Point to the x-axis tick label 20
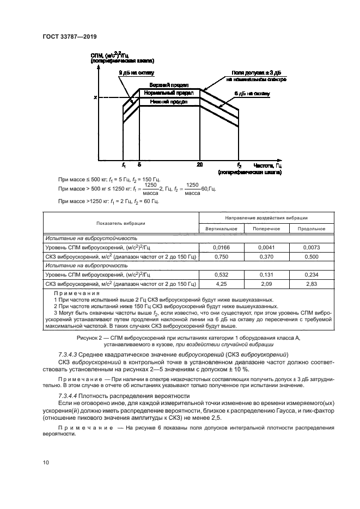[x=200, y=164]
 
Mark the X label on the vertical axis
[x=95, y=97]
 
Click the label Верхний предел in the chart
[x=169, y=85]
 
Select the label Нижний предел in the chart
[x=169, y=101]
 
